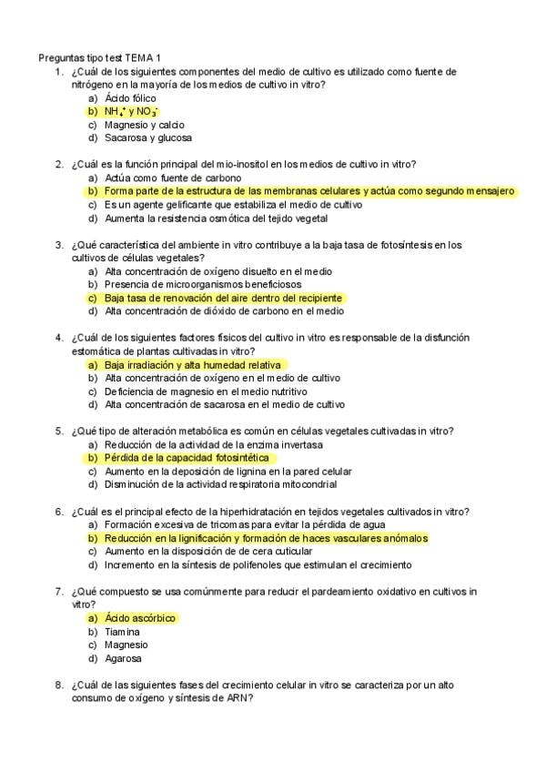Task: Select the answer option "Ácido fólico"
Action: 130,97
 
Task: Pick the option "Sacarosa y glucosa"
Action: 147,138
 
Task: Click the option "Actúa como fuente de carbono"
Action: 173,178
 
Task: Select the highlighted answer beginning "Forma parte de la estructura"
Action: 309,192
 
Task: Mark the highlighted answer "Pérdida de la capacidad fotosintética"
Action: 187,458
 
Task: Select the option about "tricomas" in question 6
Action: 232,524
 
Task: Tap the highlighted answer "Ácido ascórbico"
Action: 139,618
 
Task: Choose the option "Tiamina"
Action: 122,632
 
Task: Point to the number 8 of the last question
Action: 57,685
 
